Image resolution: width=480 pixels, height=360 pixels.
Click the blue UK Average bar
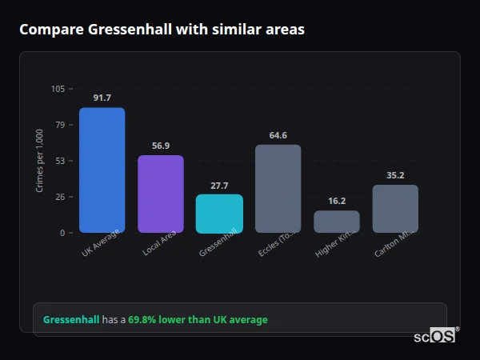click(x=102, y=170)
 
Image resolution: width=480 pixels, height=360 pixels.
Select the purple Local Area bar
click(x=160, y=194)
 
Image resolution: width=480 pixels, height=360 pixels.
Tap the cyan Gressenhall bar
click(x=219, y=213)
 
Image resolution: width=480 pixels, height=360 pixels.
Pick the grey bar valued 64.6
click(x=278, y=188)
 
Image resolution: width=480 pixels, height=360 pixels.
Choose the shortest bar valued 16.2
click(x=337, y=222)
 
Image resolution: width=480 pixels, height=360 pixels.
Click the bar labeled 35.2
click(x=395, y=208)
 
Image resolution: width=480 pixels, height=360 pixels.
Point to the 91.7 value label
click(x=102, y=98)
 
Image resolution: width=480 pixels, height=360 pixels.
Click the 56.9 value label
click(x=161, y=146)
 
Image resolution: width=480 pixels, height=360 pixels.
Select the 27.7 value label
click(x=219, y=186)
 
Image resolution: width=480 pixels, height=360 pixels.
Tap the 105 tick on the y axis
click(x=58, y=89)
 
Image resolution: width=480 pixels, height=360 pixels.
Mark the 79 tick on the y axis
click(x=61, y=125)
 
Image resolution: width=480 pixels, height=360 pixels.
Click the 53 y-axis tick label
click(x=61, y=161)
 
